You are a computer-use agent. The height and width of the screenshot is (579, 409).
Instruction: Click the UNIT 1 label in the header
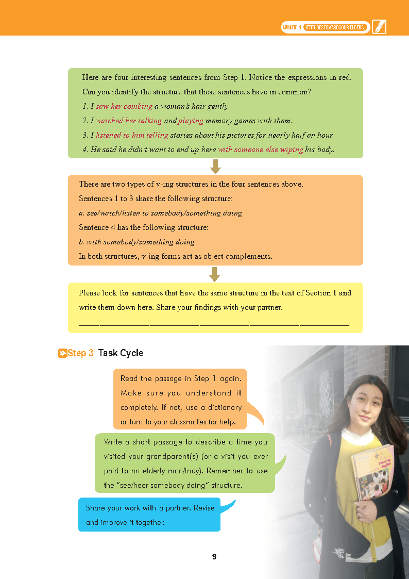click(x=292, y=27)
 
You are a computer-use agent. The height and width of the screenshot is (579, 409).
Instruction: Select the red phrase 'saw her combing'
click(x=124, y=106)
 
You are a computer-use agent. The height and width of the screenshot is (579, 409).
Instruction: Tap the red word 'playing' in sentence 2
click(x=191, y=121)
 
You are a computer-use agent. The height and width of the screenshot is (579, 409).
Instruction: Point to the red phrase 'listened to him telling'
click(x=132, y=135)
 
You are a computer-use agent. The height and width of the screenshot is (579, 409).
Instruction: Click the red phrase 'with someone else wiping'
click(x=260, y=150)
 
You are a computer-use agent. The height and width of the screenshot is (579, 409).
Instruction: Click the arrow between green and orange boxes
click(x=216, y=167)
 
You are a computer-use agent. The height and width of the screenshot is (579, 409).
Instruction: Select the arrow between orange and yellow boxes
click(x=216, y=274)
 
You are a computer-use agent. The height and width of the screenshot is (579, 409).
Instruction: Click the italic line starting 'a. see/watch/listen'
click(x=160, y=213)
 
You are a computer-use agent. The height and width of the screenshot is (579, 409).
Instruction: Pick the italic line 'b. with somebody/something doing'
click(x=137, y=242)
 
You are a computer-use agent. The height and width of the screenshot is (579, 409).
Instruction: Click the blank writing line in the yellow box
click(x=214, y=325)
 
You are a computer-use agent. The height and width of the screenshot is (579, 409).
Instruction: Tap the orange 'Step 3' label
click(x=76, y=353)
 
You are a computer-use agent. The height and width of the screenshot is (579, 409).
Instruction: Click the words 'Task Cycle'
click(x=121, y=353)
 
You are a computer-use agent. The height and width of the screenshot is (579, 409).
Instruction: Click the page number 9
click(x=214, y=557)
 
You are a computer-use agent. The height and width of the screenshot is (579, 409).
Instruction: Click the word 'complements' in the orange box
click(x=250, y=256)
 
